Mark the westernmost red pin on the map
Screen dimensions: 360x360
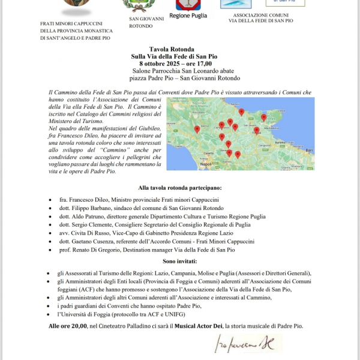pos(197,129)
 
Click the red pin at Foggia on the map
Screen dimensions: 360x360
pos(235,127)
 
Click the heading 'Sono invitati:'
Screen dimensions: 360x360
pos(179,261)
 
